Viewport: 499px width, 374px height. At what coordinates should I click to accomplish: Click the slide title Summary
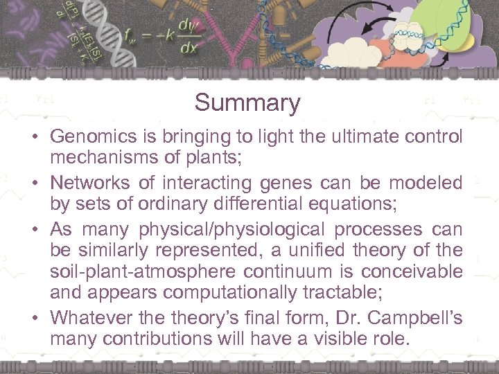[247, 103]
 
